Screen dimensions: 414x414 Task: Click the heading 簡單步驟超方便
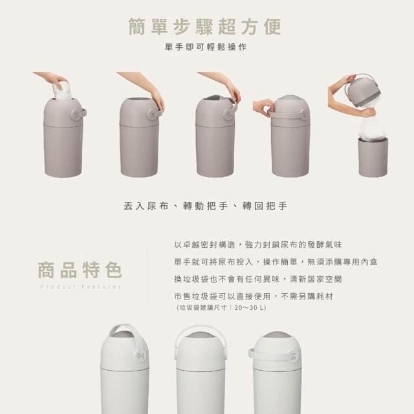205,27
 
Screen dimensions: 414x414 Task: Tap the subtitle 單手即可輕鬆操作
206,47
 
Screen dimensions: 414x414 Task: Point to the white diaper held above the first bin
63,91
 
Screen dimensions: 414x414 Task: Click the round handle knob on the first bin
76,114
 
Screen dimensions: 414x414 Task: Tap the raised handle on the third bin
232,108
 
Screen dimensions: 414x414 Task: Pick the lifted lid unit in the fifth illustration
364,91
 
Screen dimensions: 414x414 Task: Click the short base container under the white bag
373,157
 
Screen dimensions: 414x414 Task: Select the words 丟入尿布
146,206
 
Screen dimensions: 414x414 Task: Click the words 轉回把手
265,206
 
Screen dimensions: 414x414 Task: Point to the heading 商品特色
80,270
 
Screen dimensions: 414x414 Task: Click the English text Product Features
81,287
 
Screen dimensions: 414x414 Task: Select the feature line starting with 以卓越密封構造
257,245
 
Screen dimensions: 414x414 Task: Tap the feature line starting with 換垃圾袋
257,279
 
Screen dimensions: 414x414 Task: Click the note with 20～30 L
221,308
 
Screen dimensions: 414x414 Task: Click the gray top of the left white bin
122,334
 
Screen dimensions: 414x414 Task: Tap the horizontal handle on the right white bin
269,355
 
